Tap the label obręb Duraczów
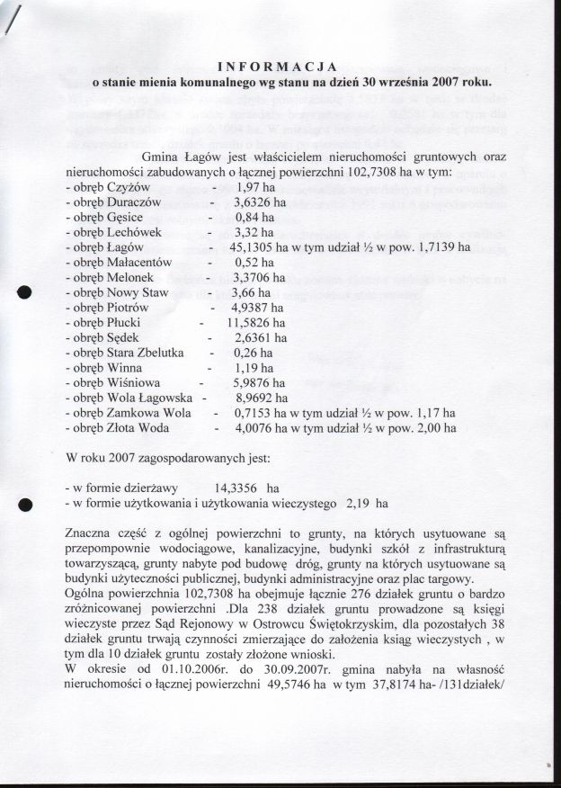click(x=118, y=202)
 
